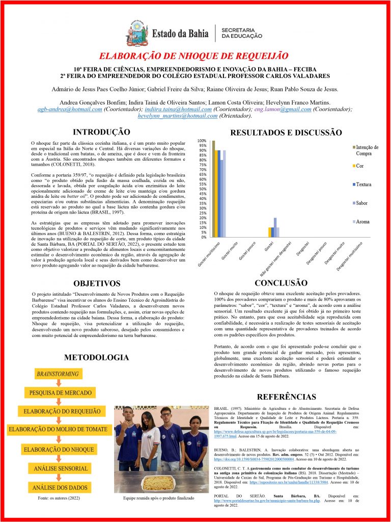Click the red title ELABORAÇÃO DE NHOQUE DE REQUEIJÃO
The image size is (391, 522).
coord(195,56)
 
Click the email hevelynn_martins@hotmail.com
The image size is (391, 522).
coord(178,116)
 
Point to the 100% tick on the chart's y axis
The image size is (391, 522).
coord(202,141)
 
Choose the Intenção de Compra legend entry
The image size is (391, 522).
coord(367,150)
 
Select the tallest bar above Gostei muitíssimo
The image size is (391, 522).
coord(213,189)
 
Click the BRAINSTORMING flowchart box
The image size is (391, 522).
coord(58,374)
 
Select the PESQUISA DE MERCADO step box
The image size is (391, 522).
coord(61,393)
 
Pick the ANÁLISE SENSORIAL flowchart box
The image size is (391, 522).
coord(61,468)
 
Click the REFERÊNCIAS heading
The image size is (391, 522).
coord(287,397)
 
